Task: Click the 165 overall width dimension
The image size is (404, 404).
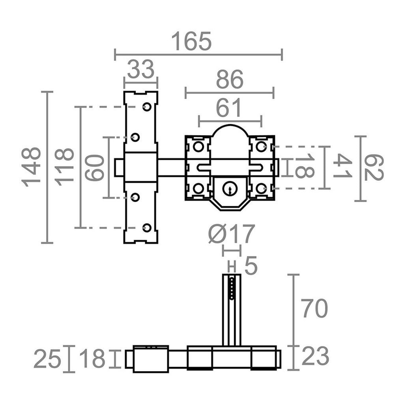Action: [x=192, y=41]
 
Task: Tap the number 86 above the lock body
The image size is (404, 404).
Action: [x=230, y=80]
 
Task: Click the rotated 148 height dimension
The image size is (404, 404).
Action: [x=32, y=167]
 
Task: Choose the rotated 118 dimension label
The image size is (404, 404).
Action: [x=65, y=167]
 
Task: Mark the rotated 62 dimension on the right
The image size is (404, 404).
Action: [x=373, y=168]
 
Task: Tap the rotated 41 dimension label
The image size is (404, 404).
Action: [x=342, y=166]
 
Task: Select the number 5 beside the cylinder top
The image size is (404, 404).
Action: [x=251, y=266]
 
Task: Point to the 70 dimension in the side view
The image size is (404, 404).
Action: [x=314, y=309]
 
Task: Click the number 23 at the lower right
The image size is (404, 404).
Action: [x=315, y=357]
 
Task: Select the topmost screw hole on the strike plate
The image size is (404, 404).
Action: [x=147, y=107]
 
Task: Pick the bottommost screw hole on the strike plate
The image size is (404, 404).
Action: [x=147, y=228]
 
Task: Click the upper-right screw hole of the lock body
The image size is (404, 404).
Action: [x=260, y=146]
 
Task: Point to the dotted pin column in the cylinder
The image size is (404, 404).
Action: [x=232, y=288]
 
